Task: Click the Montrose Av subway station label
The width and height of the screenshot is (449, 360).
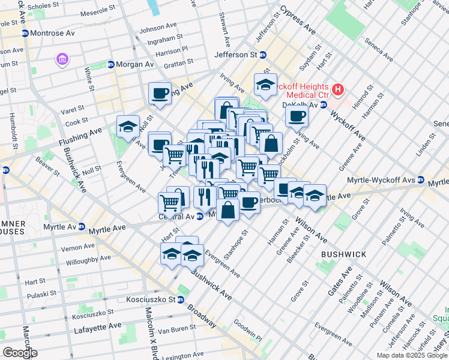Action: click(x=51, y=32)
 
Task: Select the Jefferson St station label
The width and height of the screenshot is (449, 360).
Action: click(x=240, y=55)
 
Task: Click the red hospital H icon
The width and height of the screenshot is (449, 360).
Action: click(x=338, y=90)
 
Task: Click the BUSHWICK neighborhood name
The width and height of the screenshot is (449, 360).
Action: click(x=343, y=254)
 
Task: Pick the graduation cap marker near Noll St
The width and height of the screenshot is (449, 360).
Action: click(x=128, y=127)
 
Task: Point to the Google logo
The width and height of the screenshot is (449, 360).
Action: click(x=19, y=353)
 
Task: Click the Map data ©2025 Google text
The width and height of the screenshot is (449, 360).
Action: click(x=411, y=355)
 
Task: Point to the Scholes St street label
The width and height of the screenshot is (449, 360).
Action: click(x=47, y=7)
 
